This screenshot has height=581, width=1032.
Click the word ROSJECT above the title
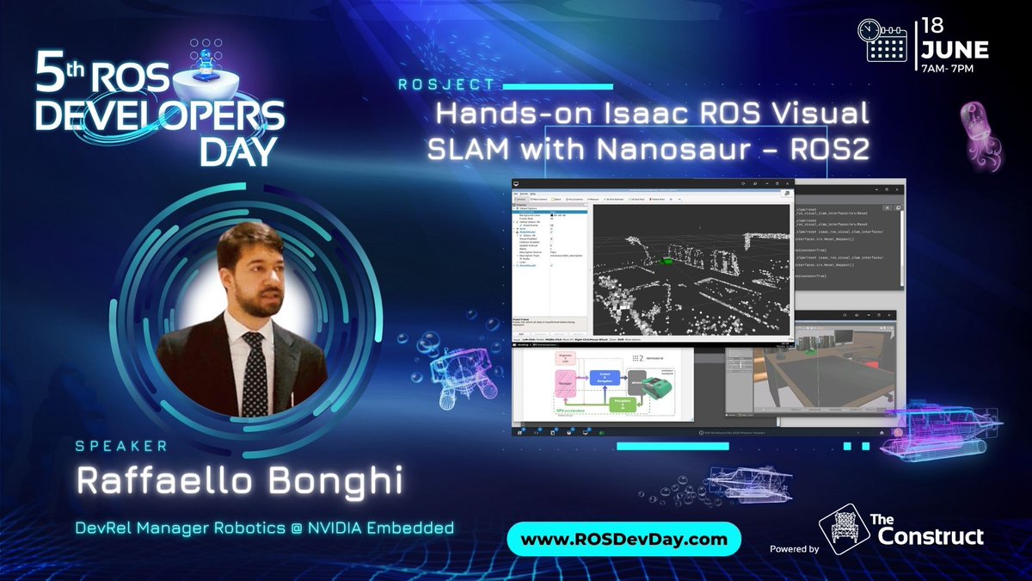(x=447, y=85)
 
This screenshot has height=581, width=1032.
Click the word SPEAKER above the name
(x=120, y=447)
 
